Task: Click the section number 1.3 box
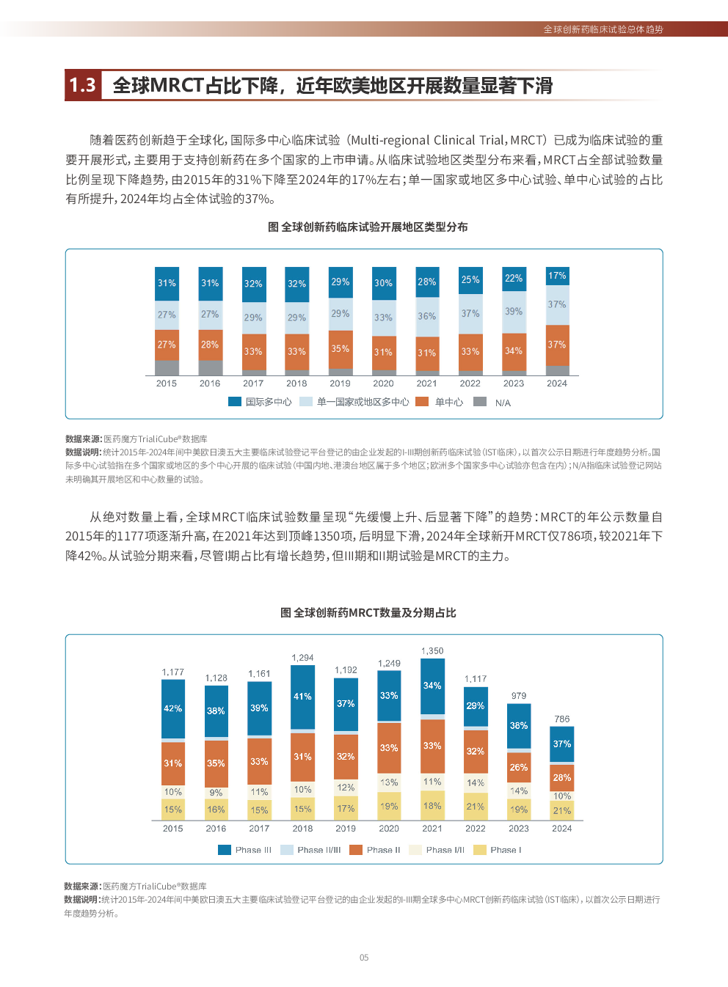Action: [83, 86]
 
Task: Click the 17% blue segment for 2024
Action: [557, 276]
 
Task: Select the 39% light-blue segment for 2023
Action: [514, 312]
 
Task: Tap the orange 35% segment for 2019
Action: [340, 349]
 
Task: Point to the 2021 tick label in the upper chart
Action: [426, 384]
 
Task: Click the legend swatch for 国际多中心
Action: [235, 402]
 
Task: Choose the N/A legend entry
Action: [502, 403]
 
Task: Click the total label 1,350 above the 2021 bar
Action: [432, 651]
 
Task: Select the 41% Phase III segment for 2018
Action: [302, 697]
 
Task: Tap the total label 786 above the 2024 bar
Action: [562, 719]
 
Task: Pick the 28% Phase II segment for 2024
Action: [562, 778]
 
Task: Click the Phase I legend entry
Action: [506, 850]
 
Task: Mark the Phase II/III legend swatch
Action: [287, 850]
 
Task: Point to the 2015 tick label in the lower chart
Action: [173, 829]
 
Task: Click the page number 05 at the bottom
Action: [364, 958]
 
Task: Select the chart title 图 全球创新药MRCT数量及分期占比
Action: [368, 613]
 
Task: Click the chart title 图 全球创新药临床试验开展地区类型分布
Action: [368, 227]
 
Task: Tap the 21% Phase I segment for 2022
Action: [476, 807]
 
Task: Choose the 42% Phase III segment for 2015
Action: [173, 708]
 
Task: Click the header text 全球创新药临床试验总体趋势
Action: [603, 29]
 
